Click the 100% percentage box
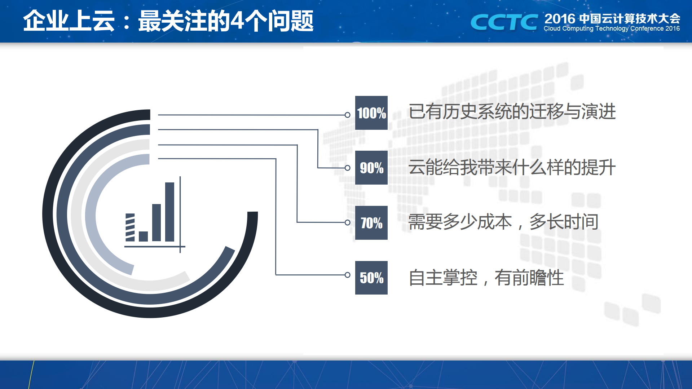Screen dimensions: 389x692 click(371, 113)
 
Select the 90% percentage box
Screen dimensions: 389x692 click(371, 168)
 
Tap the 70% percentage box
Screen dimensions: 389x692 click(371, 223)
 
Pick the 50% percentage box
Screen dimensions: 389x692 click(371, 278)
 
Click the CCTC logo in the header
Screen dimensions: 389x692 click(504, 22)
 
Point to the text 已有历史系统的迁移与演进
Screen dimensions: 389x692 click(512, 111)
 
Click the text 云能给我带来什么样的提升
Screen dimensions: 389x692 click(512, 167)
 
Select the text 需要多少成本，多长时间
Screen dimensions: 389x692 click(503, 222)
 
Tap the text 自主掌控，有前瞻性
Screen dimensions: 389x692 click(486, 278)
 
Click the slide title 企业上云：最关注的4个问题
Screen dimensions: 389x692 click(168, 21)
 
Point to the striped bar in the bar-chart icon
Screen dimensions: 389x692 click(130, 227)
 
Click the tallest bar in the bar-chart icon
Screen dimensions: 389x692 click(169, 212)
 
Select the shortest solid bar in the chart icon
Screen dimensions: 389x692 click(143, 236)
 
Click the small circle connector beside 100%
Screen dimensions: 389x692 click(347, 115)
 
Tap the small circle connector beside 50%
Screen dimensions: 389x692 click(347, 275)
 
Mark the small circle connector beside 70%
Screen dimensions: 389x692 click(347, 222)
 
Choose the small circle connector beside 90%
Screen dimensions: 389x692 click(347, 168)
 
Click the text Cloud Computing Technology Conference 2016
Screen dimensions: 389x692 click(612, 28)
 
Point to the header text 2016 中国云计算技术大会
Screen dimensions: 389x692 click(612, 18)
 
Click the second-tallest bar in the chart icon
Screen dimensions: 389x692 click(157, 222)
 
